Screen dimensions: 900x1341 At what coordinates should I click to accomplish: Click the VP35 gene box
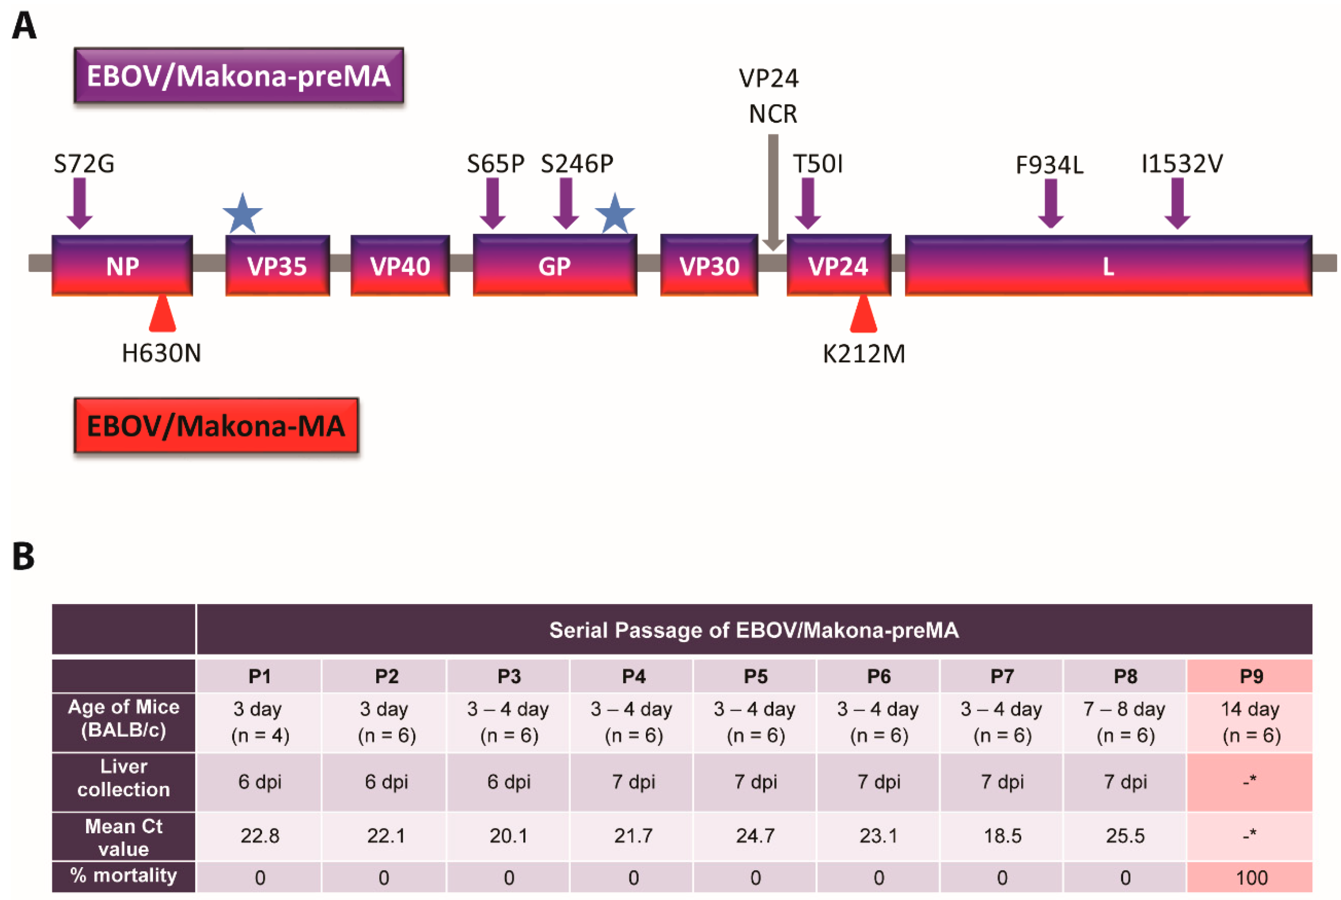277,266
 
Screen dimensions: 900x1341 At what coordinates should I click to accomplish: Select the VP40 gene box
400,266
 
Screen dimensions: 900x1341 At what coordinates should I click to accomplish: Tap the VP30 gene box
709,266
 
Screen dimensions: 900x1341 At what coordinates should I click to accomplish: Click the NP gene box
122,266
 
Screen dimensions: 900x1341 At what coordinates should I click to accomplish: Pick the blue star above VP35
243,214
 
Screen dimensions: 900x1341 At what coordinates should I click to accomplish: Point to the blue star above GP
615,214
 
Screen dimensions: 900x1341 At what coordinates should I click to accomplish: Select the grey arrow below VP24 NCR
773,192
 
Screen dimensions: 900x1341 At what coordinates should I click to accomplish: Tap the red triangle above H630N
162,314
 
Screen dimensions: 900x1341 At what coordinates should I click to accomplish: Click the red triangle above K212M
863,314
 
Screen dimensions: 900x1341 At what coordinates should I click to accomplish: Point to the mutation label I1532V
1182,164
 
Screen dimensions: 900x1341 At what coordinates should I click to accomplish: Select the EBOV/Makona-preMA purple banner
239,76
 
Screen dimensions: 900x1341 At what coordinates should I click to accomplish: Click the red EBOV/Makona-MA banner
216,425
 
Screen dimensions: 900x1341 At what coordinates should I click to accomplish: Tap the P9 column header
1251,676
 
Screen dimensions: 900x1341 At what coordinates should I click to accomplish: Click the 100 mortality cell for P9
1251,877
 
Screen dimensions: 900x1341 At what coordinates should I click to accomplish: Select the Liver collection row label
123,778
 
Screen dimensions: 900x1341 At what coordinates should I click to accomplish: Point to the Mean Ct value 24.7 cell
755,836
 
